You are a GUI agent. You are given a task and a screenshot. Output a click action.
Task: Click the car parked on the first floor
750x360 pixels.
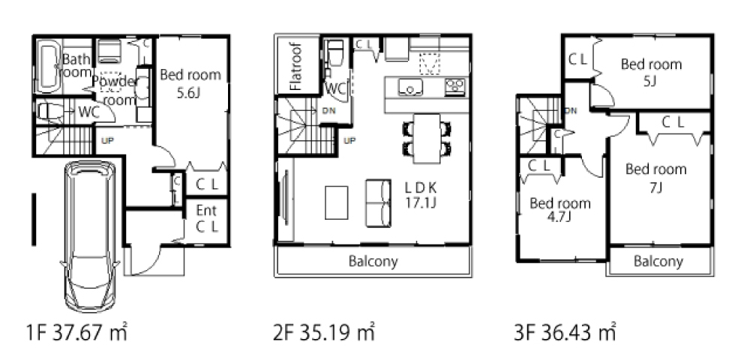coord(90,236)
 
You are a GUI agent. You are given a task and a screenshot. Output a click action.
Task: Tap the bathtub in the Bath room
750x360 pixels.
coord(48,66)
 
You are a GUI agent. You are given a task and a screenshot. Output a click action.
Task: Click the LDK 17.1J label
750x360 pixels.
coord(421,194)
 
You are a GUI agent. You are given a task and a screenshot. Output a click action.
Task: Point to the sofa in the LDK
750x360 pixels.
coord(379,202)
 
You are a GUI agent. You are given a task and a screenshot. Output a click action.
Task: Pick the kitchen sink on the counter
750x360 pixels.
coord(410,87)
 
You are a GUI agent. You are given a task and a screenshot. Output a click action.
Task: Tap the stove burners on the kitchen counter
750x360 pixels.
coord(454,86)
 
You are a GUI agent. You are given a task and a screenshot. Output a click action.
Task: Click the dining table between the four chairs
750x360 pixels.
coord(427,138)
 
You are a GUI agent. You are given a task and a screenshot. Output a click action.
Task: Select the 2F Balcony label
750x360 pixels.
coord(373,262)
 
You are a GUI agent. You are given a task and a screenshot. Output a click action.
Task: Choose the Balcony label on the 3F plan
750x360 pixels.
coord(658,262)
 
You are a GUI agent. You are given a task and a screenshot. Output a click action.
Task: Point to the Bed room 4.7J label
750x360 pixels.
coord(559,210)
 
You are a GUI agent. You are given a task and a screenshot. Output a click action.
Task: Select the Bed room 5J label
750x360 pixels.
coord(651,71)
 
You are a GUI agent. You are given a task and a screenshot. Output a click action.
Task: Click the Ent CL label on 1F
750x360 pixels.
coord(207,218)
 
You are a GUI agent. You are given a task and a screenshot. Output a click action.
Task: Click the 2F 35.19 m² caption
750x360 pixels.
coord(324,333)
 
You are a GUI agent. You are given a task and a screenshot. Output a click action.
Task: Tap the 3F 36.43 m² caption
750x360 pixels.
coord(565,333)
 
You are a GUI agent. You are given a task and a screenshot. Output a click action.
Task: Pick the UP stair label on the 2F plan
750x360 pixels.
coord(349,140)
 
